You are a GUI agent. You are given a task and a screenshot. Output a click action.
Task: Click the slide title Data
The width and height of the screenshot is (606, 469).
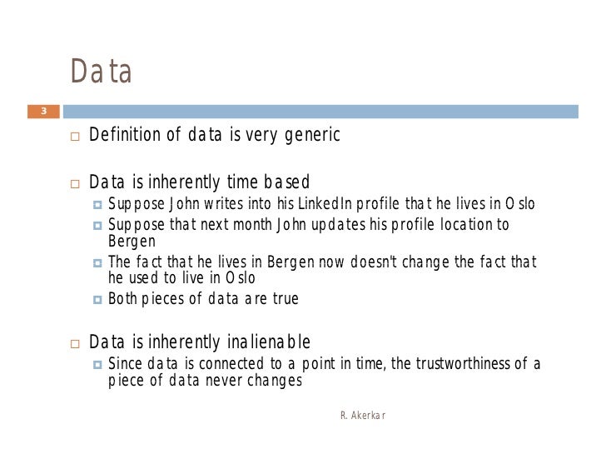tap(102, 72)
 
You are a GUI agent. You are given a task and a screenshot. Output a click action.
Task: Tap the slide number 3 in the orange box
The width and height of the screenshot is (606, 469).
tap(43, 111)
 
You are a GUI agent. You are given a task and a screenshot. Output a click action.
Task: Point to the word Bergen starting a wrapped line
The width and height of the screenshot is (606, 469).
tap(132, 242)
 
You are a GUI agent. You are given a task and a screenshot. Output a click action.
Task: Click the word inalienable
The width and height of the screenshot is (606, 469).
tap(269, 342)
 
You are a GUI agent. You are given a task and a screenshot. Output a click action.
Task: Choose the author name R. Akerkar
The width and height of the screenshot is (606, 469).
tap(363, 415)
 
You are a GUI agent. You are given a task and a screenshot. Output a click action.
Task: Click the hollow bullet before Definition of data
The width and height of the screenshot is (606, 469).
tap(74, 136)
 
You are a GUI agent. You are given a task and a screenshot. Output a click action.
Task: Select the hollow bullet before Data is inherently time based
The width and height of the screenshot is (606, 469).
tap(74, 183)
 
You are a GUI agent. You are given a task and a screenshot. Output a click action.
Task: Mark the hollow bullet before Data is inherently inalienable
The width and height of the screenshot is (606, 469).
tap(74, 342)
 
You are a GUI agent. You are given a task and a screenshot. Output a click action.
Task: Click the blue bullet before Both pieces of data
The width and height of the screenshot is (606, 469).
tap(97, 299)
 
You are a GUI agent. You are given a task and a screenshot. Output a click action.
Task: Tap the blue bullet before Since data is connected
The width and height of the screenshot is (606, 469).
tap(97, 365)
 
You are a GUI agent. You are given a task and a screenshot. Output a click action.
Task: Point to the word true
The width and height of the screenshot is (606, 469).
tap(283, 299)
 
